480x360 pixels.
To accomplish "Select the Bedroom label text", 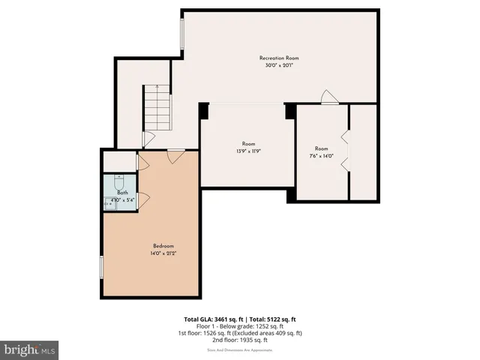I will coord(163,246).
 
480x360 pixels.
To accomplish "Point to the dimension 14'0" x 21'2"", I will coord(163,253).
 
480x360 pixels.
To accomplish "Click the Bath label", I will coord(122,193).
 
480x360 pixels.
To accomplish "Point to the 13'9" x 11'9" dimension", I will coord(248,151).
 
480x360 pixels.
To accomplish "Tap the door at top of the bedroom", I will coord(175,156).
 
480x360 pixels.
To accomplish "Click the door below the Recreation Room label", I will coord(328,97).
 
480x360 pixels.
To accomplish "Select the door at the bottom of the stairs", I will coord(148,139).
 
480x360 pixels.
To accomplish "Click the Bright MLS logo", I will coord(30,349).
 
